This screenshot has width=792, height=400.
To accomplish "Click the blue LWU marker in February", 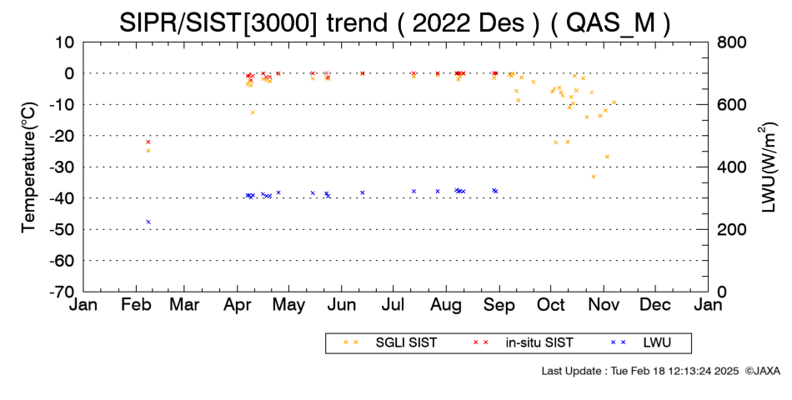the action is click(x=148, y=222).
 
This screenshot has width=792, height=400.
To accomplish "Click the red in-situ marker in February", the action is click(x=148, y=142).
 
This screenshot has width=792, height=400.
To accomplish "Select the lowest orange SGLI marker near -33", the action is click(x=594, y=177).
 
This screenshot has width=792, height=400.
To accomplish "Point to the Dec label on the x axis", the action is click(x=655, y=305).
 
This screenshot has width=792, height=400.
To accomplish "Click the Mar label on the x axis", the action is click(x=184, y=305).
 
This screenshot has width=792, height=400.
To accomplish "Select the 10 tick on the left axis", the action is click(x=66, y=42).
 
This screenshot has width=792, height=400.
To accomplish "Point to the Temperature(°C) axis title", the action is click(x=29, y=167).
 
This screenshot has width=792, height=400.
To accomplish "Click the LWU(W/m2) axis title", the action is click(x=767, y=167).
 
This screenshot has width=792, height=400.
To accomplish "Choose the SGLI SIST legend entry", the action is click(x=389, y=343).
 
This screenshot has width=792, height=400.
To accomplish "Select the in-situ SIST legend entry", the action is click(x=524, y=343).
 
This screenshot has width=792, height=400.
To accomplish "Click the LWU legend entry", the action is click(x=641, y=343).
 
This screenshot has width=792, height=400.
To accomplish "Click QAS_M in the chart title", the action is click(x=609, y=22).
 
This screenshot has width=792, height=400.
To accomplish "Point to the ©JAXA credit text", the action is click(x=762, y=371).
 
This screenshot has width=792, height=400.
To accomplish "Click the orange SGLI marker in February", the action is click(x=148, y=151).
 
